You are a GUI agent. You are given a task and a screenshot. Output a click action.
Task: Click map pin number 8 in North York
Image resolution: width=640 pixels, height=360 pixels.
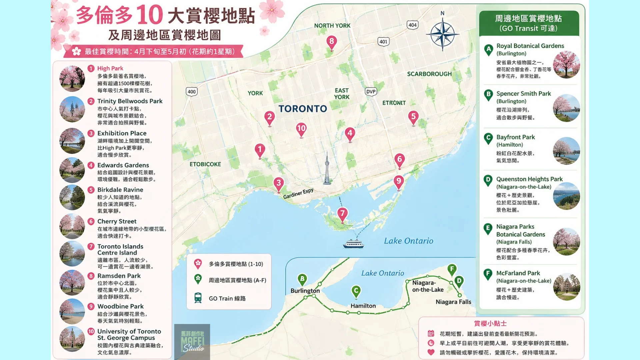(331, 42)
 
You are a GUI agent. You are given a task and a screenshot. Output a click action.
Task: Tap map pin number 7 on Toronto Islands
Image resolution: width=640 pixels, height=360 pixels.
(342, 214)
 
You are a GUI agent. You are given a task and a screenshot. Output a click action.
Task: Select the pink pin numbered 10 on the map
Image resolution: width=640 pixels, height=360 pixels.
(301, 129)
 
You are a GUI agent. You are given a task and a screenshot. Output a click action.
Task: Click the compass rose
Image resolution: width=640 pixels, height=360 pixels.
(442, 34)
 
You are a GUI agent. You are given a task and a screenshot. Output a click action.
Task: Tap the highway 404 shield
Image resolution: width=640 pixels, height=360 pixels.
(412, 25)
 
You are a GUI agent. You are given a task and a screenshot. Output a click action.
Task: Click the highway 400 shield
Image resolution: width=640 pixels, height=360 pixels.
(192, 92)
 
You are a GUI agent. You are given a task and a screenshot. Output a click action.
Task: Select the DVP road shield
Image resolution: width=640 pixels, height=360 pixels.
(371, 92)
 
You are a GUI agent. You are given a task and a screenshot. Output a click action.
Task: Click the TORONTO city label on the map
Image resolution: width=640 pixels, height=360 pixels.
(303, 109)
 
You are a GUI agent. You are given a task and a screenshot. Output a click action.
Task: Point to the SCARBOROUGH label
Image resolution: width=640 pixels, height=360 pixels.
(429, 74)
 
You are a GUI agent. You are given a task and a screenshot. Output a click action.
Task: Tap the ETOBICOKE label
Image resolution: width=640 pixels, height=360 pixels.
(205, 164)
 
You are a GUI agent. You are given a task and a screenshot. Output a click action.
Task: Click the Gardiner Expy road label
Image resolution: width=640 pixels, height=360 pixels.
(298, 194)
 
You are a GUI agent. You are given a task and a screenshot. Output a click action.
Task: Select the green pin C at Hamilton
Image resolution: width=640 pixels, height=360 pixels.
(356, 291)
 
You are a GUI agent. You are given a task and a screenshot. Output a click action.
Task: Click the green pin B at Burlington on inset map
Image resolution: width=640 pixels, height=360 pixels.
(302, 279)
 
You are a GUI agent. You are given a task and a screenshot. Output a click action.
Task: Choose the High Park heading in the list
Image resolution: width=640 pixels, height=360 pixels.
(110, 68)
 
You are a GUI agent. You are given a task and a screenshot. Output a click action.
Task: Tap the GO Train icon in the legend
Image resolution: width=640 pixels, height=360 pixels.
(198, 298)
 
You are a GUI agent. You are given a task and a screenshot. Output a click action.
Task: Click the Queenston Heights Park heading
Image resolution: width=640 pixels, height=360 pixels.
(529, 179)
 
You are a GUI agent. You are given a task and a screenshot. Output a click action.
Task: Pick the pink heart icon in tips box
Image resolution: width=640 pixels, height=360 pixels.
(431, 352)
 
